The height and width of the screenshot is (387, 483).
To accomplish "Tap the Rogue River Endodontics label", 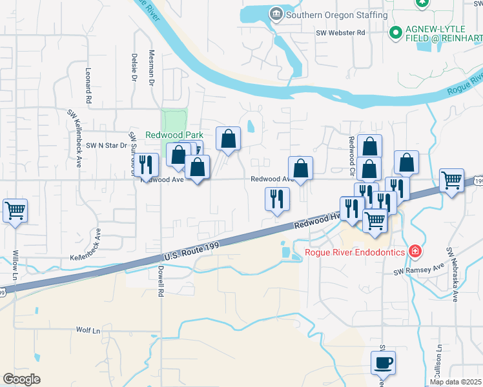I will [355, 251].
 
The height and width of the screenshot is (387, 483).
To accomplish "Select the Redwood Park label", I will [170, 135].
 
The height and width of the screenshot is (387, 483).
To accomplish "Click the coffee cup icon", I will [384, 362].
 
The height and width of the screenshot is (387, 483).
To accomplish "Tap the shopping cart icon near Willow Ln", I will [15, 210].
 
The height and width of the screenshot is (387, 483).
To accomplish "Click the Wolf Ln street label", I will [88, 330].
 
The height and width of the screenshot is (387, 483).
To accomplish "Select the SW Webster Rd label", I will [341, 32].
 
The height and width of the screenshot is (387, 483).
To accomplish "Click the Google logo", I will [21, 379].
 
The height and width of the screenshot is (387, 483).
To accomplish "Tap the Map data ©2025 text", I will [455, 382].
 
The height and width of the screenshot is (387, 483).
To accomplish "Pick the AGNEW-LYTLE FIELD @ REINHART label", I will [444, 34].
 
